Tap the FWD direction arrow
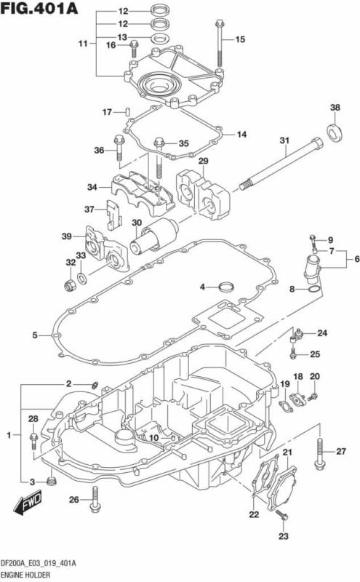tap(28, 501)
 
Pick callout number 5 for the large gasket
tap(34, 335)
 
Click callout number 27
tap(340, 452)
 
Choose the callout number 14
tap(241, 135)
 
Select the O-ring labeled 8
tap(313, 290)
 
